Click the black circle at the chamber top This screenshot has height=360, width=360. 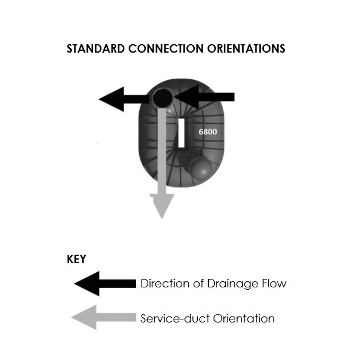(x=162, y=97)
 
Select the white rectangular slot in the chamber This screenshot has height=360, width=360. (x=182, y=133)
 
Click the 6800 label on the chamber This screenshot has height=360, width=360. (x=208, y=131)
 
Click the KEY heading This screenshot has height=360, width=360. (x=76, y=260)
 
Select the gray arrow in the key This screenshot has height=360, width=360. (x=103, y=318)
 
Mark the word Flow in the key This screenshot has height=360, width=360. (x=273, y=283)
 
